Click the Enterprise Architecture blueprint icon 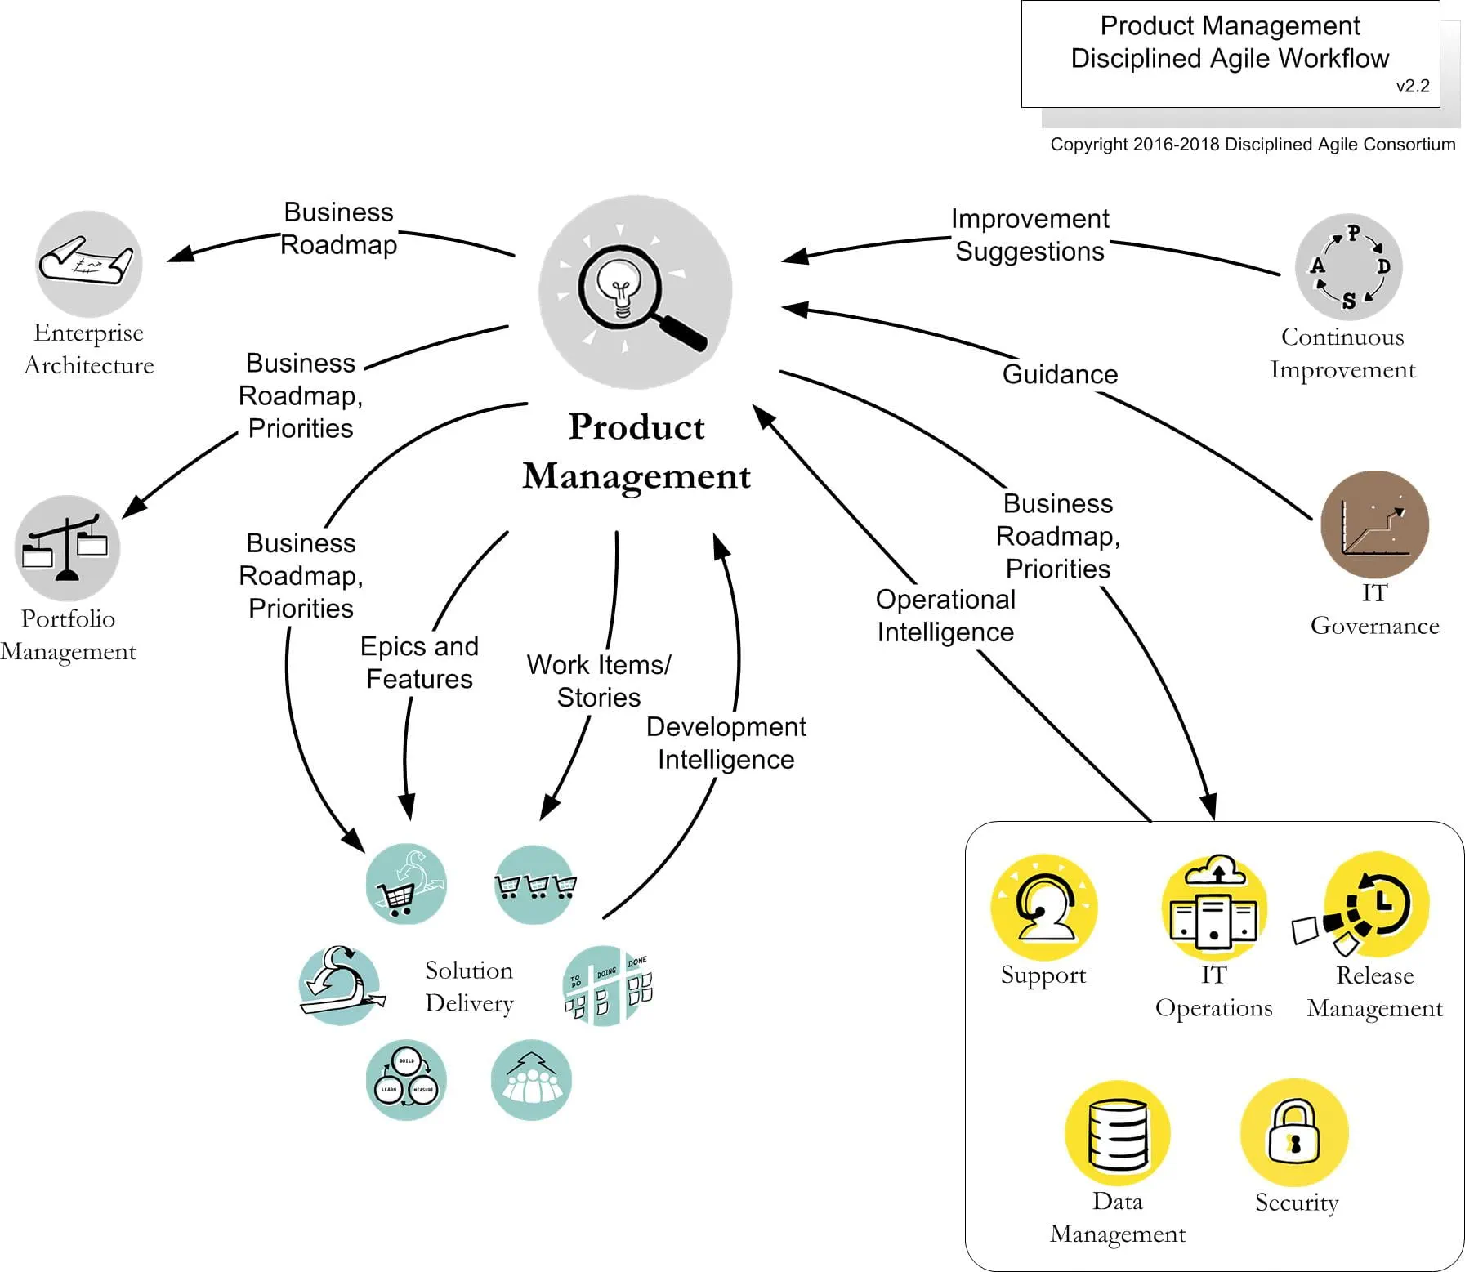point(88,263)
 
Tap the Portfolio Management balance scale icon point(67,547)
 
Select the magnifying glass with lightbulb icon point(635,292)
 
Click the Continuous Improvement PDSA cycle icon point(1348,266)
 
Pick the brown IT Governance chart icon point(1374,524)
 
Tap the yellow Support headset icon point(1043,907)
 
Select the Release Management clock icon point(1376,905)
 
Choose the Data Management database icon point(1117,1133)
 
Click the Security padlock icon point(1293,1132)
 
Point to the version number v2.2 point(1412,86)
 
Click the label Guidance point(1060,374)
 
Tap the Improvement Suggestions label point(1030,235)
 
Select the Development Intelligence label point(726,743)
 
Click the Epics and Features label point(419,663)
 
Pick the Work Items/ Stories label point(599,681)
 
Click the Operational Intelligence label point(945,616)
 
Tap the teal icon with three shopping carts point(535,885)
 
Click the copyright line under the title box point(1252,145)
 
